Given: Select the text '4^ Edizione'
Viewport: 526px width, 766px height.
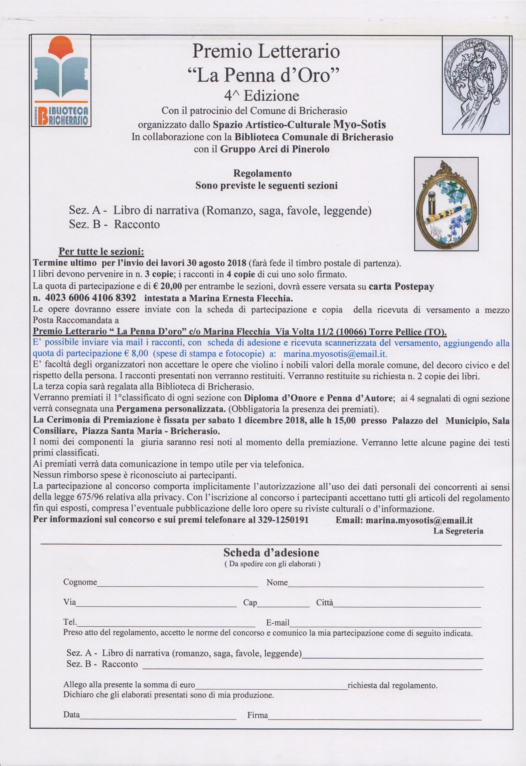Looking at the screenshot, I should [x=261, y=96].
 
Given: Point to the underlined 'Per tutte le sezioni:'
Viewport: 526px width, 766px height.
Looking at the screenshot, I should [x=101, y=252].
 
